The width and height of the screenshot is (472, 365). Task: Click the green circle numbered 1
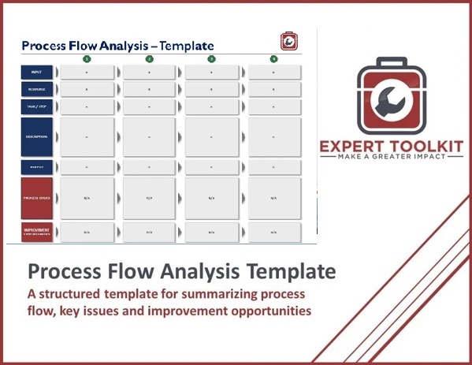tap(87, 58)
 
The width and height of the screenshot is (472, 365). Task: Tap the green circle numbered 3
tap(211, 58)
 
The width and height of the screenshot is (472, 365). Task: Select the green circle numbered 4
tap(273, 58)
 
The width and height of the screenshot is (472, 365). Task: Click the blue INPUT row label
tap(37, 72)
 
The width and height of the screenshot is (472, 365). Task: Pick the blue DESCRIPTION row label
tap(37, 136)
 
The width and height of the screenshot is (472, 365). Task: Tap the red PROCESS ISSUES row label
tap(37, 198)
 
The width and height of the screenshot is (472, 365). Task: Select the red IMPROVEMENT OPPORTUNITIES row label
tap(37, 232)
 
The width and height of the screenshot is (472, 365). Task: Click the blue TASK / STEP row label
tap(37, 106)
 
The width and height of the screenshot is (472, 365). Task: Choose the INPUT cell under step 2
tap(150, 72)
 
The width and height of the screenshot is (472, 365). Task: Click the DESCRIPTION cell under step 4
tap(273, 136)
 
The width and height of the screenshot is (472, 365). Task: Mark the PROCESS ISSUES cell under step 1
tap(87, 198)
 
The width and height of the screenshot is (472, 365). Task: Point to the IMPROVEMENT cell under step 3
tap(211, 232)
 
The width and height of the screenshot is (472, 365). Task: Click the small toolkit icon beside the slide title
tap(289, 41)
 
